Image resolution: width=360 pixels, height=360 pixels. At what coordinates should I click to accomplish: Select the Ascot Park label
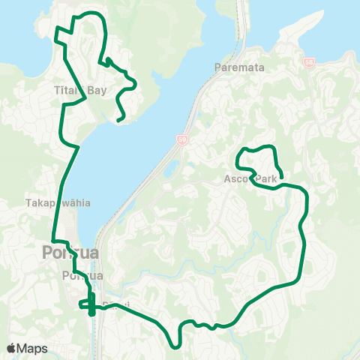click(250, 179)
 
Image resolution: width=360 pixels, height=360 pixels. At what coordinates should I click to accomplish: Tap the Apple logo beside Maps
click(12, 348)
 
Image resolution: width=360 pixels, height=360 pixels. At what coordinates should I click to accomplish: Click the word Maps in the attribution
click(32, 348)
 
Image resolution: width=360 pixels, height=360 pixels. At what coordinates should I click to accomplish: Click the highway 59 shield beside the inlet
click(182, 139)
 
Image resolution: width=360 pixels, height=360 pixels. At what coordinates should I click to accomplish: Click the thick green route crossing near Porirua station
click(89, 304)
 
